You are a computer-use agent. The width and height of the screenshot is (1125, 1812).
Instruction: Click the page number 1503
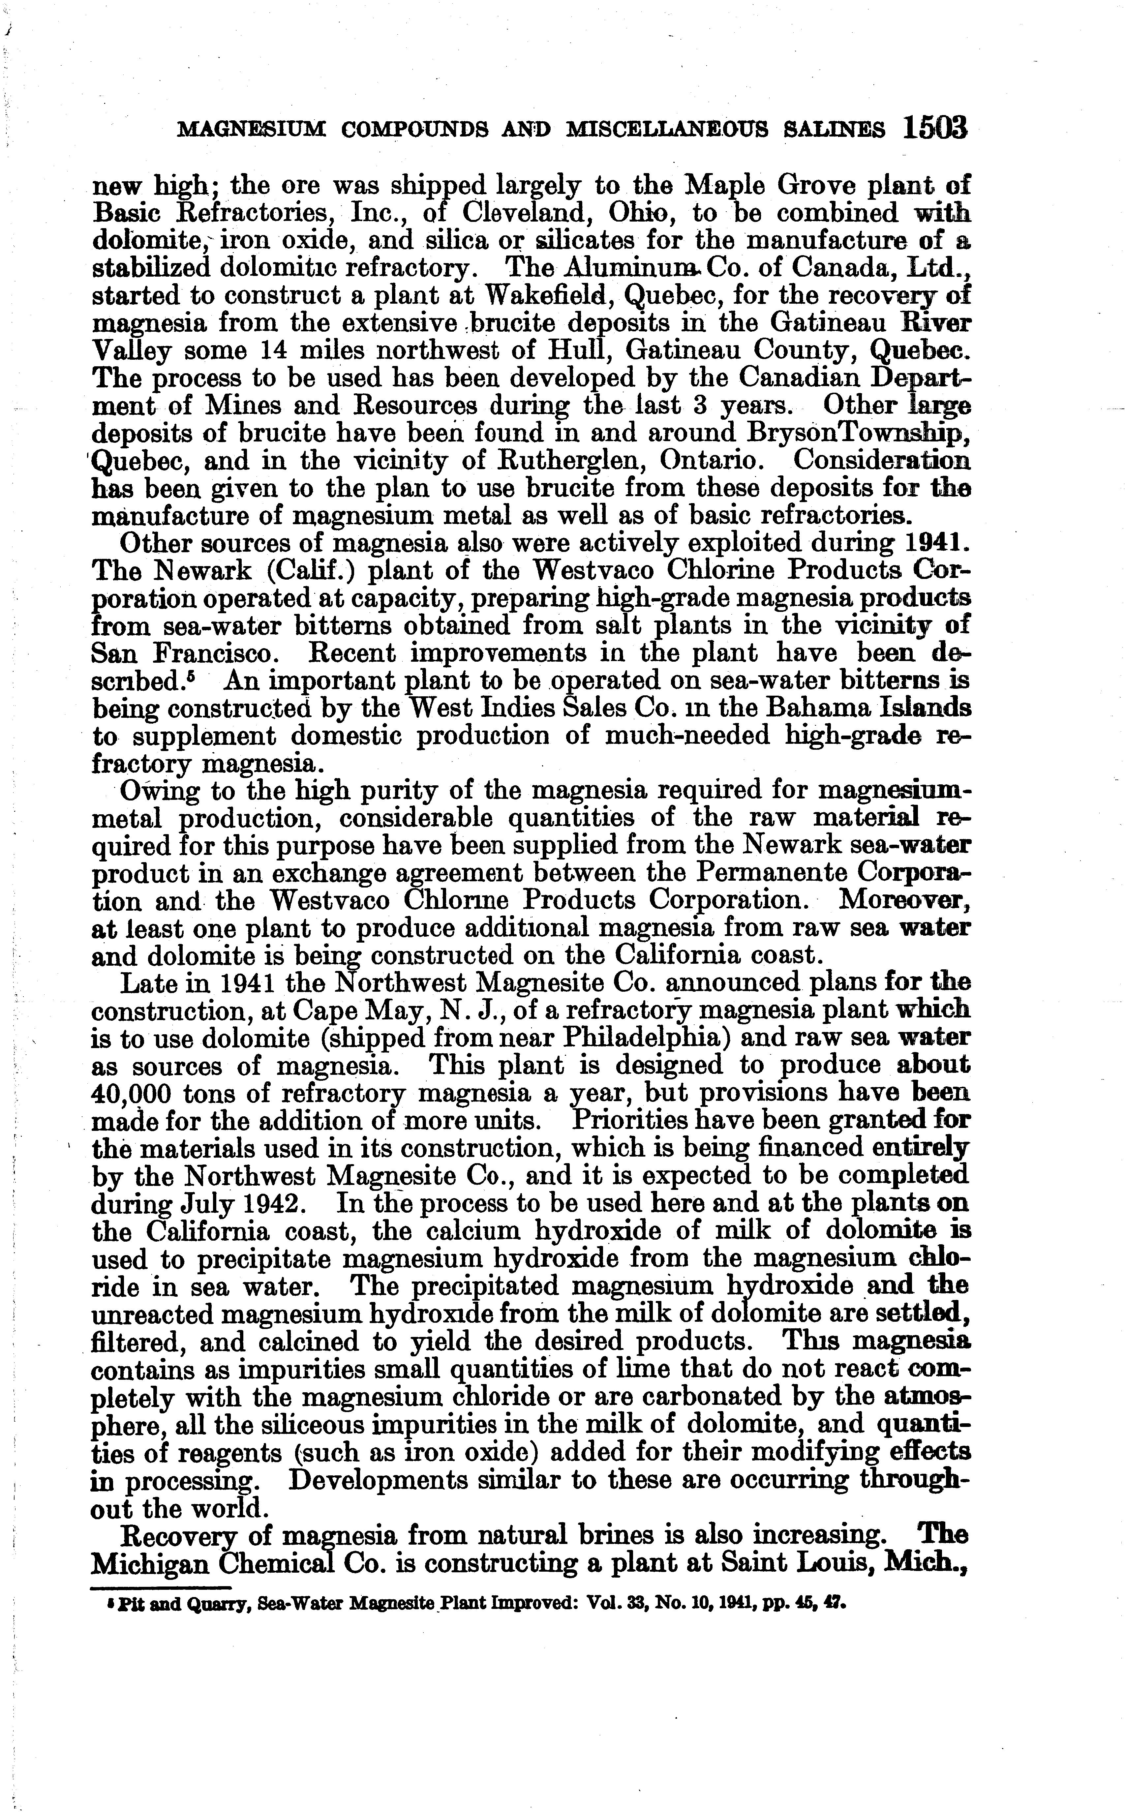(x=936, y=128)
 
